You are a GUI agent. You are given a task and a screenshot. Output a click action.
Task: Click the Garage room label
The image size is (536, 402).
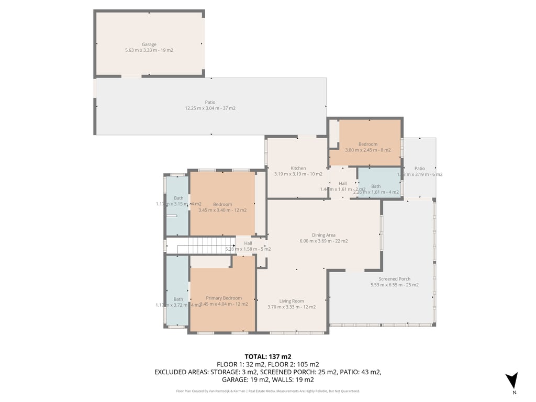coord(149,44)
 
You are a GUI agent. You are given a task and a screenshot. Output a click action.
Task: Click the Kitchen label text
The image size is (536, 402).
coord(298,168)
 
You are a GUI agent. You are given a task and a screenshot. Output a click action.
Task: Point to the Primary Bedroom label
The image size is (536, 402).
coord(224,298)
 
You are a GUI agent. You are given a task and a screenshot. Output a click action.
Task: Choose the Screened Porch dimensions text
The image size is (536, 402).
coord(394,285)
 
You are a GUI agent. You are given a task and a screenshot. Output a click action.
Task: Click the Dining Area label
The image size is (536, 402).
coord(323,236)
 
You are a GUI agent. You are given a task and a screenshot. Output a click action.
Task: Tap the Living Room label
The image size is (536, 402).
coord(292,301)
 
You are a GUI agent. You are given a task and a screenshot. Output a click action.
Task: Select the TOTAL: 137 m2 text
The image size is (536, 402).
coord(267,356)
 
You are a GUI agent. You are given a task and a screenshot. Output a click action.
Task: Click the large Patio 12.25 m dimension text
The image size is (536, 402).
coord(210,108)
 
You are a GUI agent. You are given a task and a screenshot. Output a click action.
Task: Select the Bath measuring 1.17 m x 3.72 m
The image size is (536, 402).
coord(178,299)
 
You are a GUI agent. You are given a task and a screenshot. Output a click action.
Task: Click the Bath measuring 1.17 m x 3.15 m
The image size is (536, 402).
coord(178,198)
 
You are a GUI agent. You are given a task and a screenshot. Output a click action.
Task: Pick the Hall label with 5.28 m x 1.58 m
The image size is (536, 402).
coord(248,243)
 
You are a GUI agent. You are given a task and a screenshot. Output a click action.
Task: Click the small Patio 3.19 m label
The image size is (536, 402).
coord(419,169)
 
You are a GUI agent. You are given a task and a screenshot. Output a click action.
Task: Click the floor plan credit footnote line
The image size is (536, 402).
coord(267,391)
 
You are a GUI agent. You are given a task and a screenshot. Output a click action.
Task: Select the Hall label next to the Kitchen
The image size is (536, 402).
coord(342,183)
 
